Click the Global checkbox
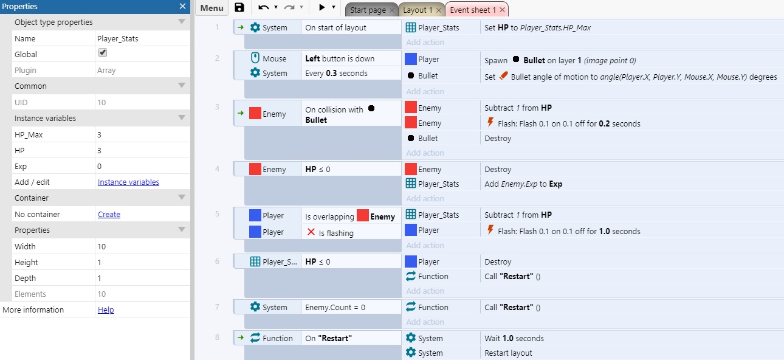pyautogui.click(x=103, y=53)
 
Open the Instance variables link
pyautogui.click(x=128, y=182)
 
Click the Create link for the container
pyautogui.click(x=109, y=214)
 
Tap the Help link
pyautogui.click(x=106, y=310)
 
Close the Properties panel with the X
pyautogui.click(x=182, y=6)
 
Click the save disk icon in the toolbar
pyautogui.click(x=239, y=7)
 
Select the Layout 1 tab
pyautogui.click(x=418, y=10)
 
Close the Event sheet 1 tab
pyautogui.click(x=502, y=10)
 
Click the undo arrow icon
pyautogui.click(x=264, y=7)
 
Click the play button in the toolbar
pyautogui.click(x=322, y=7)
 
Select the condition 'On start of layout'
pyautogui.click(x=335, y=27)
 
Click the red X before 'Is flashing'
pyautogui.click(x=311, y=232)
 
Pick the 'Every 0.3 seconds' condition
pyautogui.click(x=336, y=73)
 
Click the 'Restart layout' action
pyautogui.click(x=508, y=353)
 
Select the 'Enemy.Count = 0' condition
pyautogui.click(x=335, y=308)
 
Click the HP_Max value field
pyautogui.click(x=142, y=134)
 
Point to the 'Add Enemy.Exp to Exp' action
pyautogui.click(x=523, y=184)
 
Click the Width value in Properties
pyautogui.click(x=142, y=246)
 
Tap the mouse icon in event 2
pyautogui.click(x=255, y=58)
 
